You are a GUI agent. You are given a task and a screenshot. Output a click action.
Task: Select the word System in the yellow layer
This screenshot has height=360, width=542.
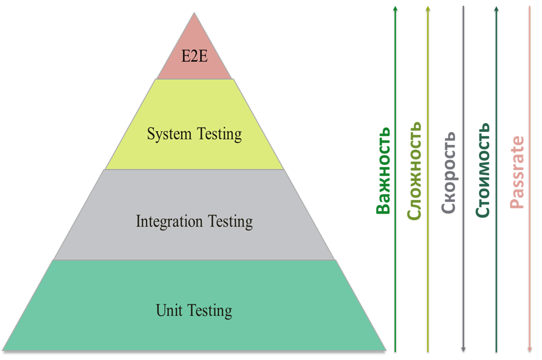pyautogui.click(x=165, y=134)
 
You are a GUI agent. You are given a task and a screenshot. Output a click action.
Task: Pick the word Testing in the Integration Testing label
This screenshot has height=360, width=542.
pyautogui.click(x=230, y=222)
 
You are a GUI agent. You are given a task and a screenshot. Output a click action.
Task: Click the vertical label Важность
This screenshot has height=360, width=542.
pyautogui.click(x=383, y=170)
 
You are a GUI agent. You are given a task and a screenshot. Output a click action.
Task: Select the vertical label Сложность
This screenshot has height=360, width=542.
pyautogui.click(x=414, y=171)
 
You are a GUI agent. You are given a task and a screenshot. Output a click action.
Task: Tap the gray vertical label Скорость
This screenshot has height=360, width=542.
pyautogui.click(x=449, y=173)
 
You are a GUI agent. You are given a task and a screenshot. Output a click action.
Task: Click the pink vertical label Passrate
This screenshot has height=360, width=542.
pyautogui.click(x=517, y=172)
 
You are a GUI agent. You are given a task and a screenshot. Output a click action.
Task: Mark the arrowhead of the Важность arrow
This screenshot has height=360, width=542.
pyautogui.click(x=395, y=9)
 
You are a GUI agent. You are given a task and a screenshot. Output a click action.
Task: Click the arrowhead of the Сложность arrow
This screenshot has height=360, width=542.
pyautogui.click(x=428, y=9)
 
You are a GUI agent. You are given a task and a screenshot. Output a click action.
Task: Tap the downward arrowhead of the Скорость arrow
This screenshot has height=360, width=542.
pyautogui.click(x=463, y=349)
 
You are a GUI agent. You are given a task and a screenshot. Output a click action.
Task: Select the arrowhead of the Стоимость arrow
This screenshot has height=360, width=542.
pyautogui.click(x=497, y=9)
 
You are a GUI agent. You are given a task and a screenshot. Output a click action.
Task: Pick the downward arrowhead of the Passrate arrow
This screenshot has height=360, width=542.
pyautogui.click(x=529, y=349)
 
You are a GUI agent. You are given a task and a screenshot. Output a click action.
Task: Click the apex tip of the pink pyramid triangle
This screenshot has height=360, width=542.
pyautogui.click(x=195, y=13)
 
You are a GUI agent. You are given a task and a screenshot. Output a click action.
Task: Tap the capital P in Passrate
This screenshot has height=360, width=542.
pyautogui.click(x=517, y=203)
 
